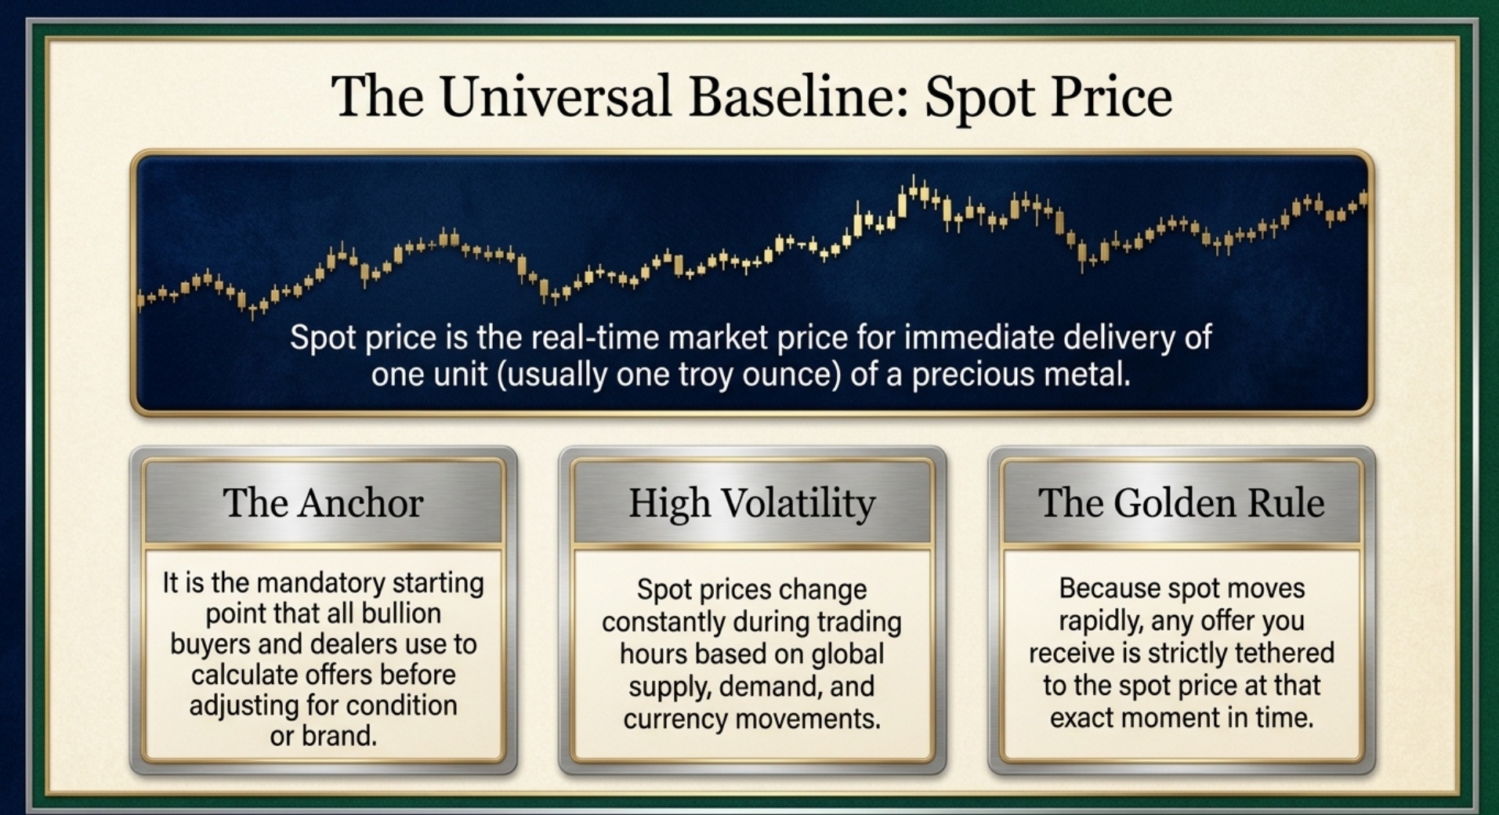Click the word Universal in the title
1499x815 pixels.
click(555, 97)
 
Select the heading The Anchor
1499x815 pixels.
click(323, 503)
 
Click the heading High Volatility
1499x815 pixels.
click(751, 503)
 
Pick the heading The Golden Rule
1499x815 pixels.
click(1181, 503)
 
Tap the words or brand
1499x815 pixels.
click(323, 736)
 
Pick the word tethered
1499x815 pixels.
click(1284, 653)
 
